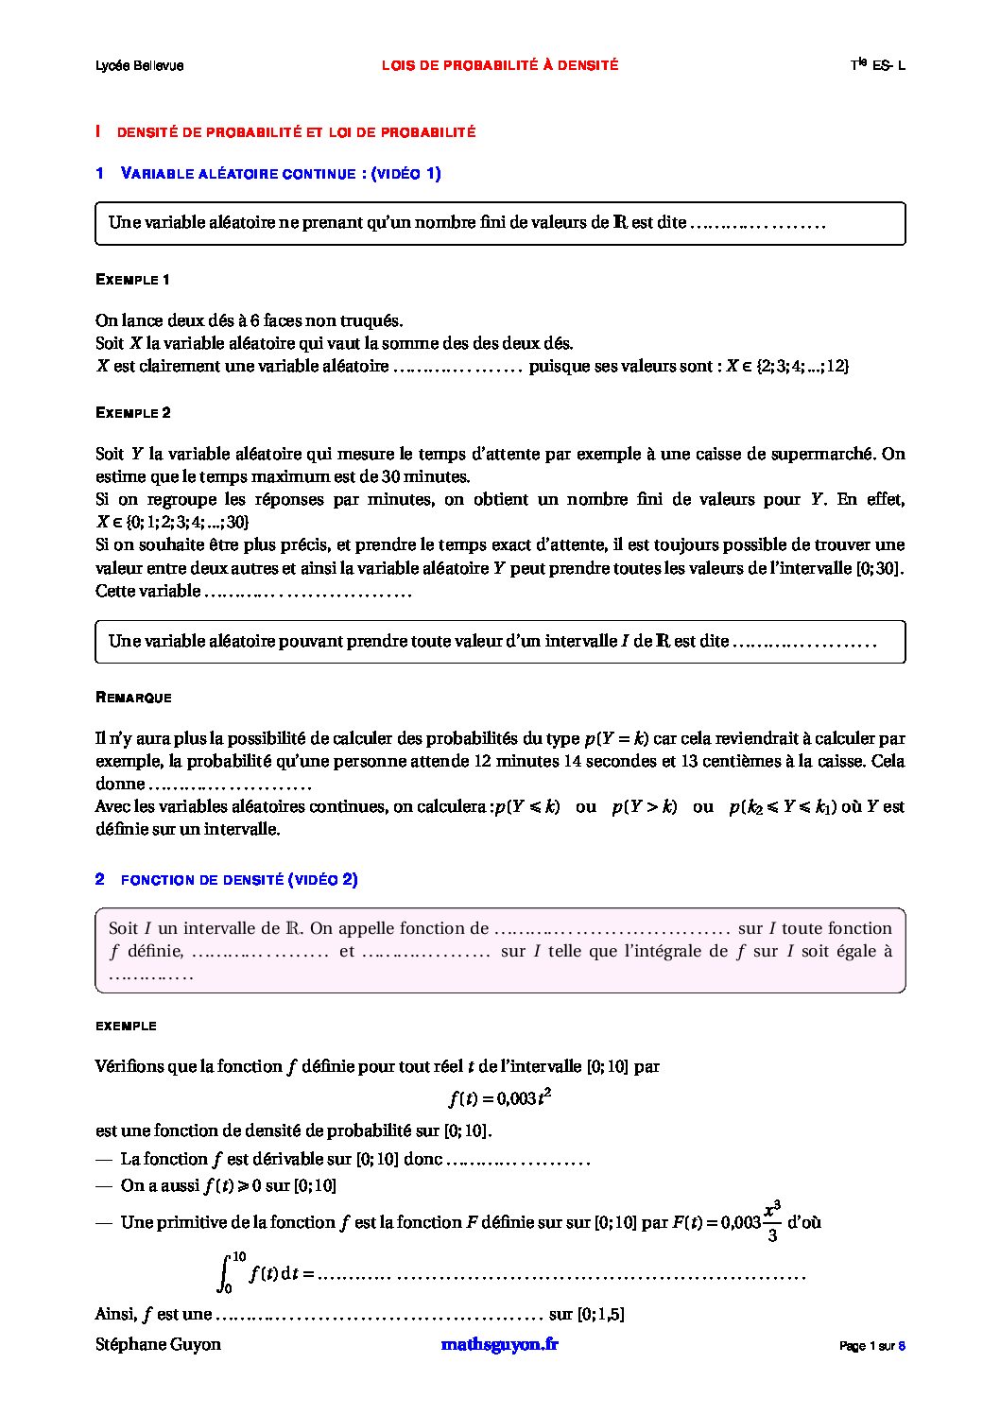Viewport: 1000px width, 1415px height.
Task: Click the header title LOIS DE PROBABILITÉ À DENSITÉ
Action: pos(500,65)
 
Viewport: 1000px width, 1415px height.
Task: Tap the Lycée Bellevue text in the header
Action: pos(139,65)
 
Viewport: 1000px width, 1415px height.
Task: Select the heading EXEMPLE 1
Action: pos(133,280)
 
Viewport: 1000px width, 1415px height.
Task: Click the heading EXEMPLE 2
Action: pos(133,413)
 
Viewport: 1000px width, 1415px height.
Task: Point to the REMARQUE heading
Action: pos(133,698)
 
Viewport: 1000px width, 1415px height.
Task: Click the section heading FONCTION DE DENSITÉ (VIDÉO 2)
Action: pos(239,880)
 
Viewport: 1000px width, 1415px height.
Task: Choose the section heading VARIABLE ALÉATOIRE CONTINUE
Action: pos(281,173)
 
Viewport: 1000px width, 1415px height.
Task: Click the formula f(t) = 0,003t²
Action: pos(499,1097)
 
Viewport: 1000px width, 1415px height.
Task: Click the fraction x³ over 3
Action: pos(772,1221)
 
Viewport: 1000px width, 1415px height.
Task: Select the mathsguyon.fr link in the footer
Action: pos(499,1344)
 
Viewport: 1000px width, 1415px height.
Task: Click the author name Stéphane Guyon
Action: pos(158,1344)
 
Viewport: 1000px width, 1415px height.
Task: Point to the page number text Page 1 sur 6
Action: pos(872,1346)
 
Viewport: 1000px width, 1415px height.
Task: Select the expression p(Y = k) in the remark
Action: pos(616,738)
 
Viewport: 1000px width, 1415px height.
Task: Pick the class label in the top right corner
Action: pos(877,65)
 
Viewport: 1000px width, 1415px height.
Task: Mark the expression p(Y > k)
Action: pos(645,807)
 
